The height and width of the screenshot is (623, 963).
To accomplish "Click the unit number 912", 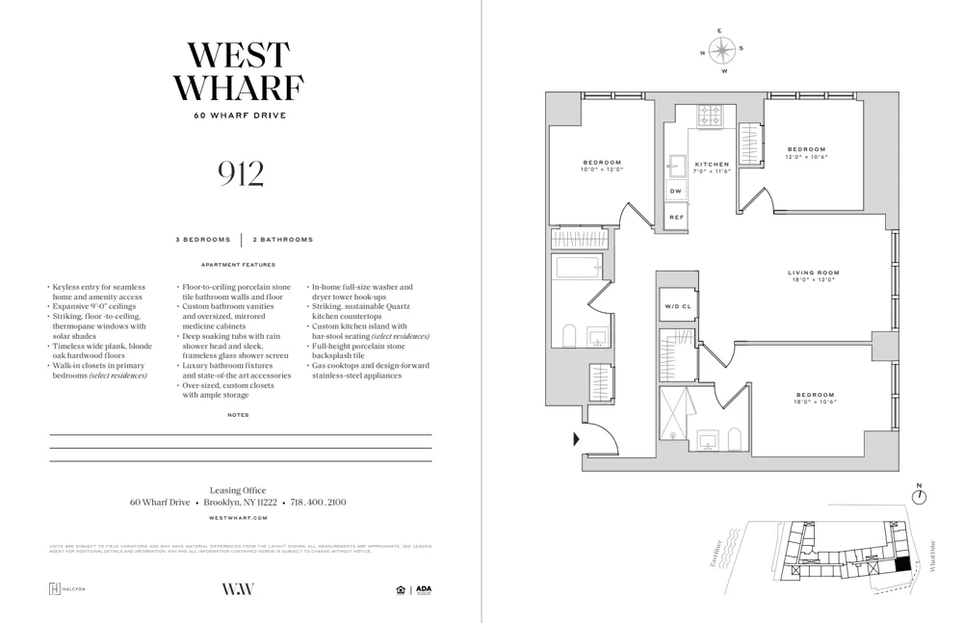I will click(x=240, y=173).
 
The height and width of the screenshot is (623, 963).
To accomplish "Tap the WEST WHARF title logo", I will click(x=240, y=71).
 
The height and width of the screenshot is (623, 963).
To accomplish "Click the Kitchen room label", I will click(x=712, y=165).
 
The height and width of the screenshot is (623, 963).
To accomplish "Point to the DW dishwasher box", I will click(x=676, y=191).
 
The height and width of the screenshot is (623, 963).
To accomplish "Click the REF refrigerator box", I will click(x=676, y=218).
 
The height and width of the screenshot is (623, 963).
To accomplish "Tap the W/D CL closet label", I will click(x=677, y=307).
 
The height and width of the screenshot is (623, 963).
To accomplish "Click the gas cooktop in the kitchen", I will click(x=712, y=117).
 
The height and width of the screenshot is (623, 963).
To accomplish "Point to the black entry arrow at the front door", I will click(x=577, y=440).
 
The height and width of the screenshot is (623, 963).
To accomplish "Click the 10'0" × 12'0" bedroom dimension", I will click(x=602, y=169).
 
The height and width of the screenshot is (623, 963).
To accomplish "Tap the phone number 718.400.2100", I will click(x=323, y=503).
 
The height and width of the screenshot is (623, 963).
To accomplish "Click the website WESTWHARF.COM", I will click(x=240, y=518).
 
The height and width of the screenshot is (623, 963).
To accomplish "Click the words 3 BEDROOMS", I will click(x=203, y=239).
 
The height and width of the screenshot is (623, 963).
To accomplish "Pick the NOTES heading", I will click(x=239, y=415).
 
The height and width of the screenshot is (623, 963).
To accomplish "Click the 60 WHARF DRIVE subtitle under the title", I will click(x=240, y=116).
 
